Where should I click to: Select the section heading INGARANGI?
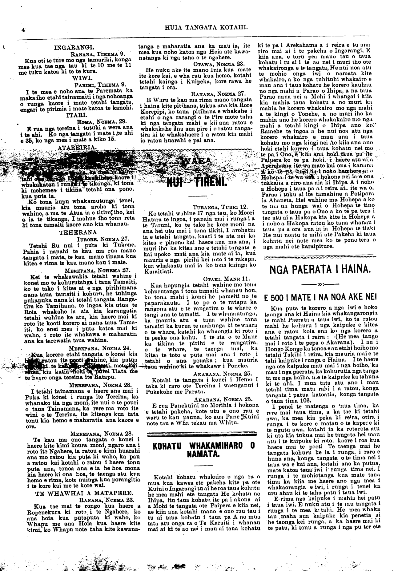pos(74,48)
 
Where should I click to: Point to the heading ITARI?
pos(74,116)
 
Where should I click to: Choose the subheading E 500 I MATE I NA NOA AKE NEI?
pos(320,298)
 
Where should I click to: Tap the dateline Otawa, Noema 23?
pos(219,64)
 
